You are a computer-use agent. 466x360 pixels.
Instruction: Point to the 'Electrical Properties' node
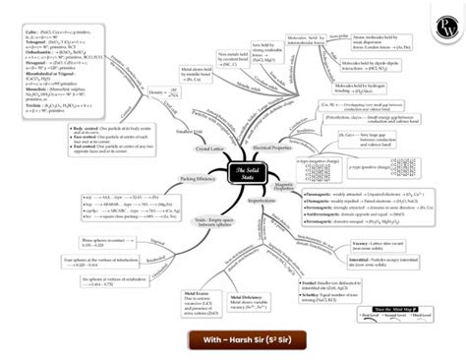(274, 147)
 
